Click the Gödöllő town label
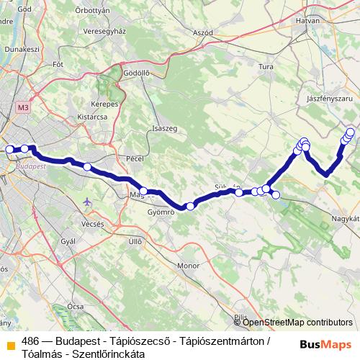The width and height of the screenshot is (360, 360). click(x=136, y=73)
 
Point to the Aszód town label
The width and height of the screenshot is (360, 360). click(x=203, y=33)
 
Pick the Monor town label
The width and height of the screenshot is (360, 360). click(x=188, y=266)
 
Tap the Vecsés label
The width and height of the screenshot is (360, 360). click(x=92, y=224)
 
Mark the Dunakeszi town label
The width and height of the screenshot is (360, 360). click(x=20, y=50)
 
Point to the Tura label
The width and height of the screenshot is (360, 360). click(x=266, y=67)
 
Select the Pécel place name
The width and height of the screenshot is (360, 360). click(x=135, y=158)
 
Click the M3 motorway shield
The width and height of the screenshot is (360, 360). click(x=23, y=107)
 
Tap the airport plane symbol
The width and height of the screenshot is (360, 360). click(x=88, y=201)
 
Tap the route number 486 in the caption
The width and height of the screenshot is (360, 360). click(x=31, y=341)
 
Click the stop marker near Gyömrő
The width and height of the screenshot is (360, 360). click(x=190, y=207)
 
